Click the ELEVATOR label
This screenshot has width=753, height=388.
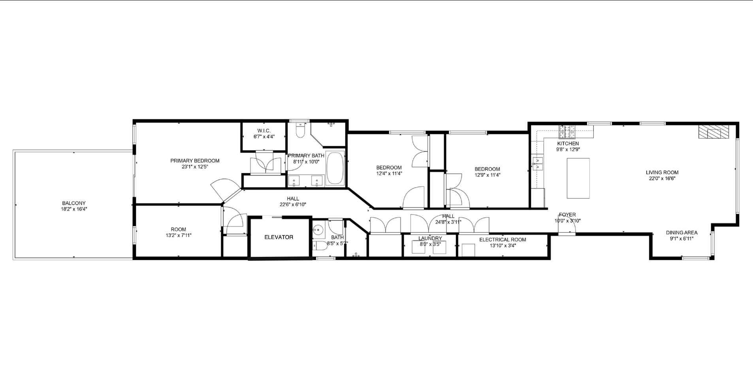point(279,237)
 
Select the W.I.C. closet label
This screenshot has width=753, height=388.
point(264,131)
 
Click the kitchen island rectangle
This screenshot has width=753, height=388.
point(578,178)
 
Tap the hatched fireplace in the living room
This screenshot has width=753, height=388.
point(713,132)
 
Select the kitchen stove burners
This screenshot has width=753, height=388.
point(567,129)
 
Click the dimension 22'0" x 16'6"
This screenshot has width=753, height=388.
point(662,178)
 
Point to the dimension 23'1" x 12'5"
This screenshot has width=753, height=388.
point(195,167)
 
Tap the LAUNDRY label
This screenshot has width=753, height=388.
point(430,238)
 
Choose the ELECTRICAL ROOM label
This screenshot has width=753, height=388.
point(503,239)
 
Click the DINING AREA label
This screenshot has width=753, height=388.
point(681,233)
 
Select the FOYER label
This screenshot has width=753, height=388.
point(567,215)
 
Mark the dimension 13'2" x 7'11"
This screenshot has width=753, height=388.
point(179,235)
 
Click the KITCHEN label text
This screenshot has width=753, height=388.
point(568,143)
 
